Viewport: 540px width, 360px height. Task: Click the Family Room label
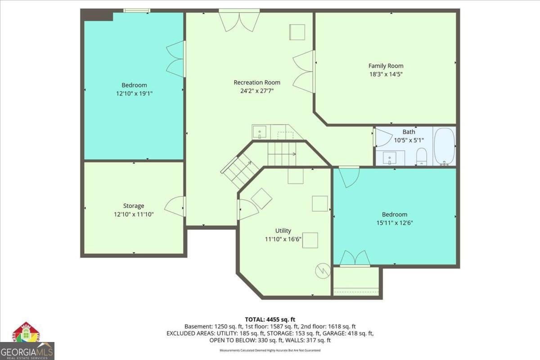[x=386, y=66]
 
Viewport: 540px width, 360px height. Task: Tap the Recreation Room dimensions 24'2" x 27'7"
[x=256, y=91]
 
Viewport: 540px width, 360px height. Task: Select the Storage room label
[x=134, y=206]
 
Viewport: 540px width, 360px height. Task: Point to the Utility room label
[x=283, y=231]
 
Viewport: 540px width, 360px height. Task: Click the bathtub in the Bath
[x=444, y=146]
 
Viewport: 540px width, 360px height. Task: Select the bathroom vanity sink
[x=389, y=158]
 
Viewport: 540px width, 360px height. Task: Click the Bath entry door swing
[x=382, y=138]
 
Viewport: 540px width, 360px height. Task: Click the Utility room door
[x=247, y=209]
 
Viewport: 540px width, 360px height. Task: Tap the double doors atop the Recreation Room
[x=239, y=21]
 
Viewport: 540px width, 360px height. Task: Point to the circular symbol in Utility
[x=322, y=270]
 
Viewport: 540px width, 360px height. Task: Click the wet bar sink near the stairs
[x=259, y=132]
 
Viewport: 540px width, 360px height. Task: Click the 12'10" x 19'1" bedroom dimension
[x=134, y=94]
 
